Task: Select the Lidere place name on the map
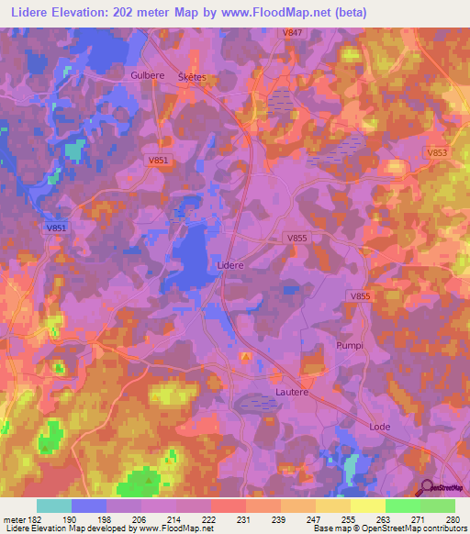pos(229,264)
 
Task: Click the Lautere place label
pos(293,392)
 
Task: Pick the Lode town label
pos(379,428)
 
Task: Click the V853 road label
pos(437,152)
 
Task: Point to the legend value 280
pos(451,519)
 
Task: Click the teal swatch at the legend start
pos(54,506)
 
